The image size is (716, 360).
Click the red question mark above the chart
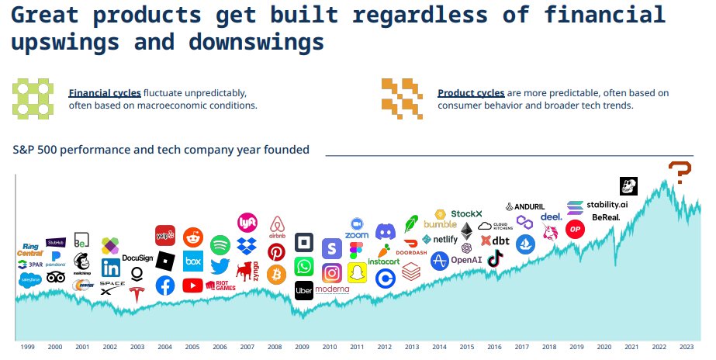point(680,171)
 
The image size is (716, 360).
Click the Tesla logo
point(137,294)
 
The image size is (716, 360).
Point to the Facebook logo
point(165,286)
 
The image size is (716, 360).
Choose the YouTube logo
point(192,286)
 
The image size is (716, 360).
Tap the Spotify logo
point(220,245)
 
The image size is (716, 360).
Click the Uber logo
point(304,289)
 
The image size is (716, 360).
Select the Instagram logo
point(332,273)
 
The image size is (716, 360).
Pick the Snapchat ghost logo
point(357,273)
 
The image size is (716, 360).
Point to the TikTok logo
point(495,259)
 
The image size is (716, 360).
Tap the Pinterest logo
point(277,252)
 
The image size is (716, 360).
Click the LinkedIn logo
point(110,268)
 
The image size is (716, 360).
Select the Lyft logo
point(247,223)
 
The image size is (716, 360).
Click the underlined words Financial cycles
point(97,93)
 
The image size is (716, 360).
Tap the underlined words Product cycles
point(471,93)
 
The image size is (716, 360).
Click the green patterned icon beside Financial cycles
point(33,98)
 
